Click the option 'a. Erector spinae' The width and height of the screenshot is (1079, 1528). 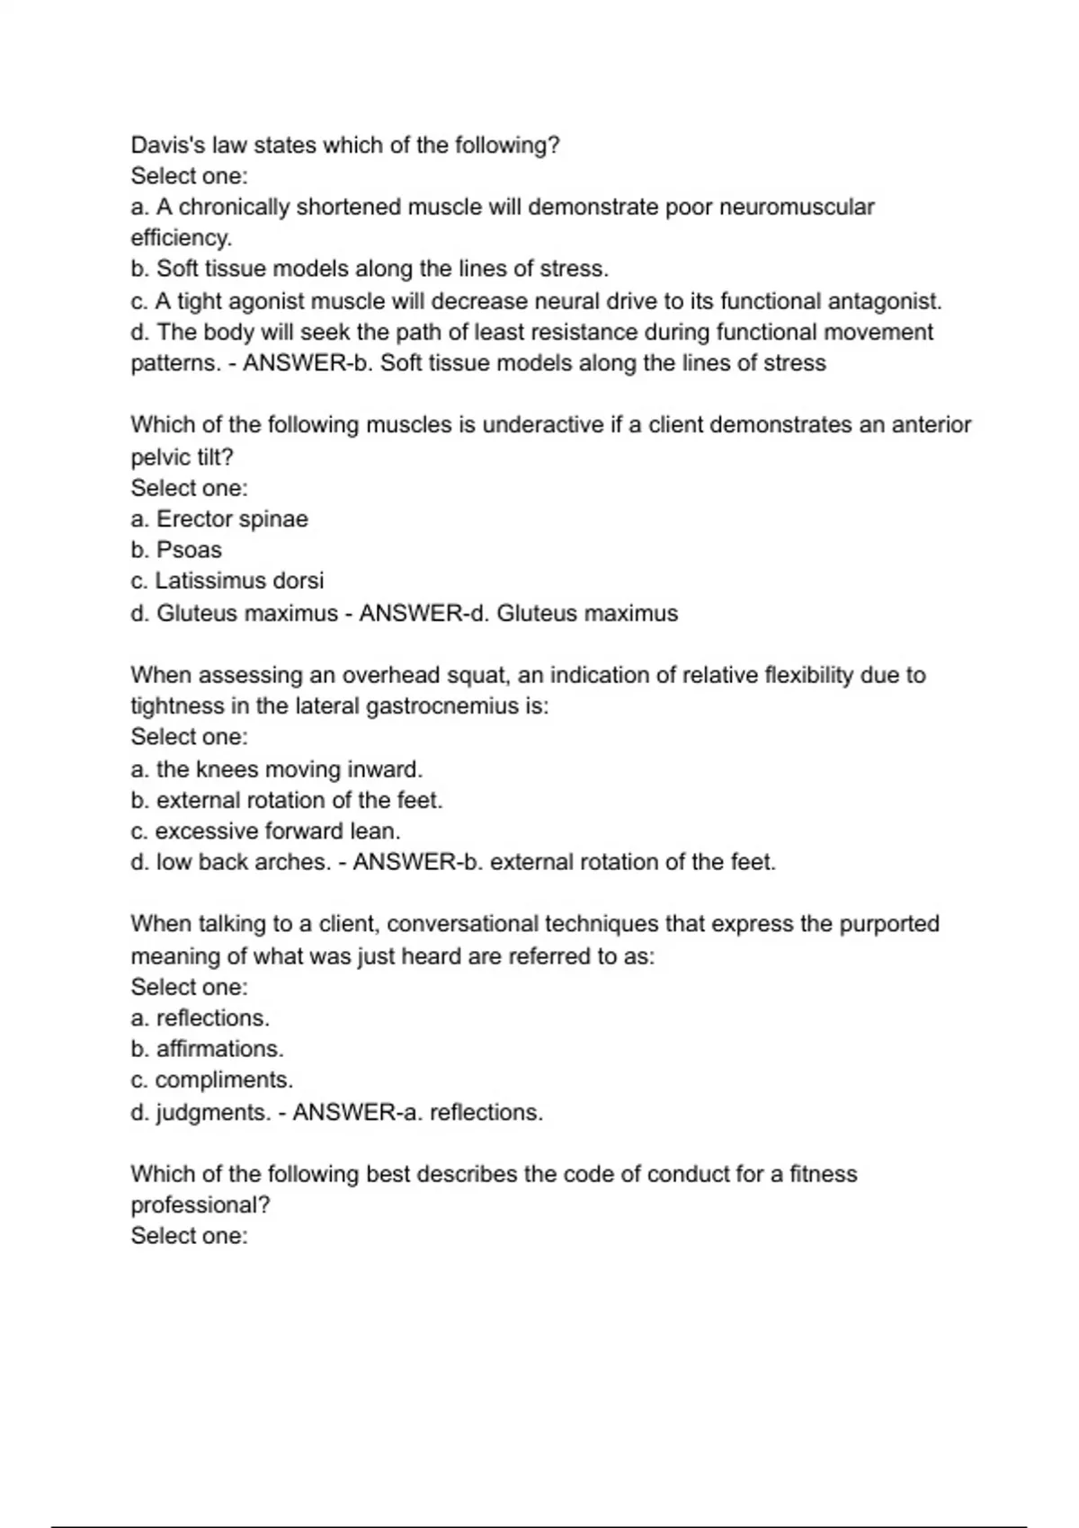[219, 520]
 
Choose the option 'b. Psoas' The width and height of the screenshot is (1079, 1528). [176, 550]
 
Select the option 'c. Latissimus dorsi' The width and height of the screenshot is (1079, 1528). [227, 582]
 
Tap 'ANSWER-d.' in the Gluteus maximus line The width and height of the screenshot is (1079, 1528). [424, 614]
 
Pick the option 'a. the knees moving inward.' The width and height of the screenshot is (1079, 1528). [276, 770]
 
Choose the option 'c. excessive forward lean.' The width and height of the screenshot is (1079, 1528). [265, 831]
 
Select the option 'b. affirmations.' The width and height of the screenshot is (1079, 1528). [208, 1049]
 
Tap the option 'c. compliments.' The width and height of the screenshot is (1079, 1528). [212, 1080]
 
